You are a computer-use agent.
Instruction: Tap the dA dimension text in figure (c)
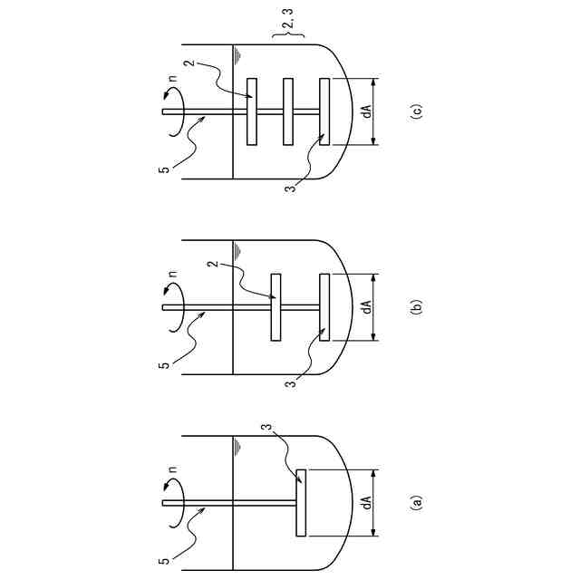pyautogui.click(x=367, y=112)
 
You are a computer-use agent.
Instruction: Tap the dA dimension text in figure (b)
pyautogui.click(x=367, y=307)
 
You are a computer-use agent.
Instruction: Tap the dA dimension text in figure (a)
pyautogui.click(x=367, y=502)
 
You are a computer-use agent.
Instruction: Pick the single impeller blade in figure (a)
pyautogui.click(x=302, y=502)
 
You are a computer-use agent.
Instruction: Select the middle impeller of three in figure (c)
pyautogui.click(x=288, y=111)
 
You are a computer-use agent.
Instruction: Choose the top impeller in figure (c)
pyautogui.click(x=252, y=111)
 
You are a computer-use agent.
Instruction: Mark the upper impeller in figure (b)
pyautogui.click(x=276, y=307)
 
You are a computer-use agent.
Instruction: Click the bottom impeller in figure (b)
pyautogui.click(x=324, y=307)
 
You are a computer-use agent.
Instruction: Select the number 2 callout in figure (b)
pyautogui.click(x=215, y=265)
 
